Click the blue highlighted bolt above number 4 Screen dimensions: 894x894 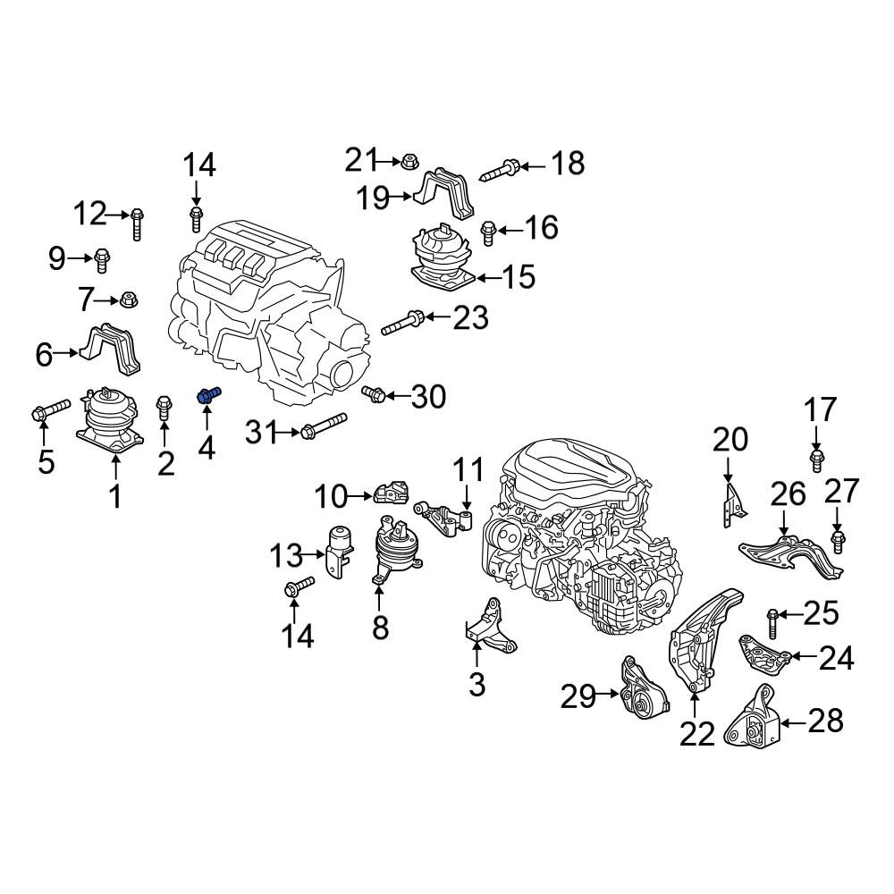[208, 395]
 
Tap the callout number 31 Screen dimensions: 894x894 [264, 434]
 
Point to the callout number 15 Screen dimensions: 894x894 [519, 278]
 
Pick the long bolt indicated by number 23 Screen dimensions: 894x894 [402, 322]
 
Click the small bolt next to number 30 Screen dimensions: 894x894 [374, 393]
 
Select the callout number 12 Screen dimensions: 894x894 [90, 215]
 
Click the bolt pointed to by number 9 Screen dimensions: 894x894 [102, 260]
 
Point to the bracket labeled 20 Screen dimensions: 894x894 [734, 504]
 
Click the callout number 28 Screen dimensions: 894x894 [825, 721]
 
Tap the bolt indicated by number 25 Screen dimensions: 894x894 [772, 623]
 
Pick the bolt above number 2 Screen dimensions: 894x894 [164, 407]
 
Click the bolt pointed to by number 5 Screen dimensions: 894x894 [50, 411]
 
